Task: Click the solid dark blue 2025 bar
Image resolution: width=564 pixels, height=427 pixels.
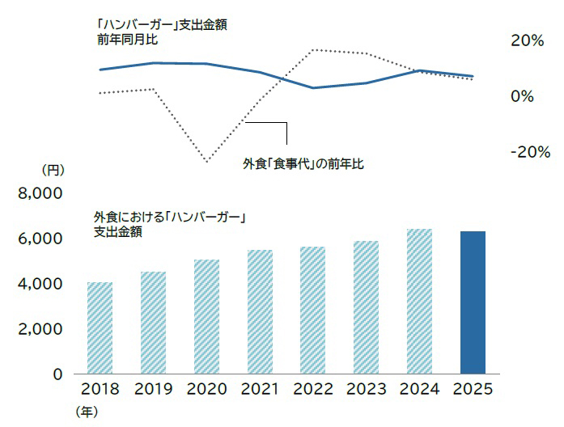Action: (472, 302)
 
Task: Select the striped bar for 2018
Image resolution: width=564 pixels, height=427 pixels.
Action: (100, 328)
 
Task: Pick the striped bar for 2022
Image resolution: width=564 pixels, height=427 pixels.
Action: (312, 310)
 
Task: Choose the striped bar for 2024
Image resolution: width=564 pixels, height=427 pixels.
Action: (418, 301)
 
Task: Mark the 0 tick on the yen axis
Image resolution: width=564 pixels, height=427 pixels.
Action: (57, 374)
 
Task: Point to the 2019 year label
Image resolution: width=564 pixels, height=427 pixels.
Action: (153, 390)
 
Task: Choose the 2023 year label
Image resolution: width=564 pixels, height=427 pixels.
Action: (366, 390)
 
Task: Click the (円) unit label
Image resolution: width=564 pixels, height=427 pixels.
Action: (53, 171)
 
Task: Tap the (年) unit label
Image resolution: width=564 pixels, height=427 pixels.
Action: (87, 412)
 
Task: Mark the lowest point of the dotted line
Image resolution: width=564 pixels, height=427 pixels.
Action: (207, 162)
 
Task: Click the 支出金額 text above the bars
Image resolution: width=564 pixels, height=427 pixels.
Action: (118, 232)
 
